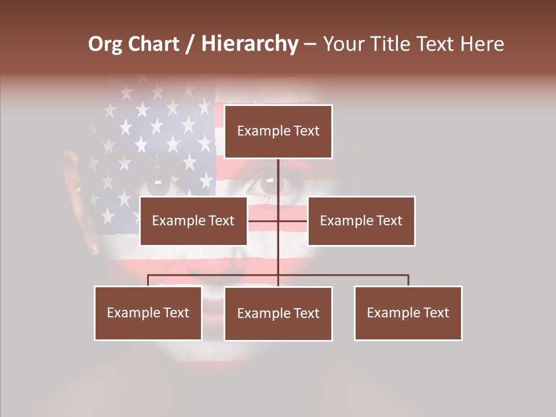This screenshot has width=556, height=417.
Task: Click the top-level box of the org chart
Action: click(x=278, y=131)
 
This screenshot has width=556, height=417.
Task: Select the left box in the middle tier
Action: click(x=193, y=221)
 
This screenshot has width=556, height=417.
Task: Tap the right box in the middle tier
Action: click(x=361, y=221)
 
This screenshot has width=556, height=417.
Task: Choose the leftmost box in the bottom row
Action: click(x=148, y=313)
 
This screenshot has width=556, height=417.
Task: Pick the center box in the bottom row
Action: click(x=278, y=313)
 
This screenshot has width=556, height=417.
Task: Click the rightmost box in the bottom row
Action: click(x=408, y=313)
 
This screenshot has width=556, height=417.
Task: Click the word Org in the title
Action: click(x=105, y=44)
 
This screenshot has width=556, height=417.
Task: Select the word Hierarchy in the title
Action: click(x=249, y=44)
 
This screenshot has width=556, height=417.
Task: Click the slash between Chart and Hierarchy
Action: click(x=190, y=44)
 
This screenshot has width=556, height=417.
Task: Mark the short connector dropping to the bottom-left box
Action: click(x=148, y=280)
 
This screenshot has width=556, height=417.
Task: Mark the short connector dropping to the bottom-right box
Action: click(x=408, y=280)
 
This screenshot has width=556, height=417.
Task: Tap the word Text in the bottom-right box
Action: click(x=436, y=313)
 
